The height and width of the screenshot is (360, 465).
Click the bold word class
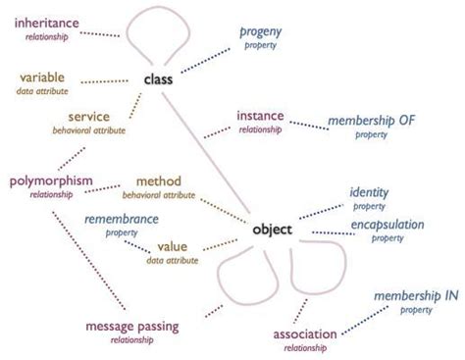[158, 79]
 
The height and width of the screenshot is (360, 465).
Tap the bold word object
[272, 230]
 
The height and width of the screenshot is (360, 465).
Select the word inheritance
[47, 23]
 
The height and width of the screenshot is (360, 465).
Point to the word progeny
[261, 32]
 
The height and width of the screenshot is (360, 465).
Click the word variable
[42, 77]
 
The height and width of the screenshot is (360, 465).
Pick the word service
[89, 117]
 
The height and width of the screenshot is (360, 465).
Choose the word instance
[260, 116]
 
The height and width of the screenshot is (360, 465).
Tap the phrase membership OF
[372, 121]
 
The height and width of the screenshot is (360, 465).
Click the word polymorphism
[51, 181]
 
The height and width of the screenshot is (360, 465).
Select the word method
[159, 181]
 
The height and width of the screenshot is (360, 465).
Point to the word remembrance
[122, 219]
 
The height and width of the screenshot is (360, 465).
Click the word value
[173, 246]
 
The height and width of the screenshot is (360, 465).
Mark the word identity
[369, 192]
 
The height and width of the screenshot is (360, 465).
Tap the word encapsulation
[387, 225]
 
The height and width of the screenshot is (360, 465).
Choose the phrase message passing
[132, 327]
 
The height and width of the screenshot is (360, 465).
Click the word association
[305, 334]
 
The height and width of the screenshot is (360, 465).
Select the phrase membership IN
[416, 296]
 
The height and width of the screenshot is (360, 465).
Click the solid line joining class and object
[206, 152]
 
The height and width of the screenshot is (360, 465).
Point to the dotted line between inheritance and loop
[100, 34]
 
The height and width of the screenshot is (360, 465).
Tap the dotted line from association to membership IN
[365, 321]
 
